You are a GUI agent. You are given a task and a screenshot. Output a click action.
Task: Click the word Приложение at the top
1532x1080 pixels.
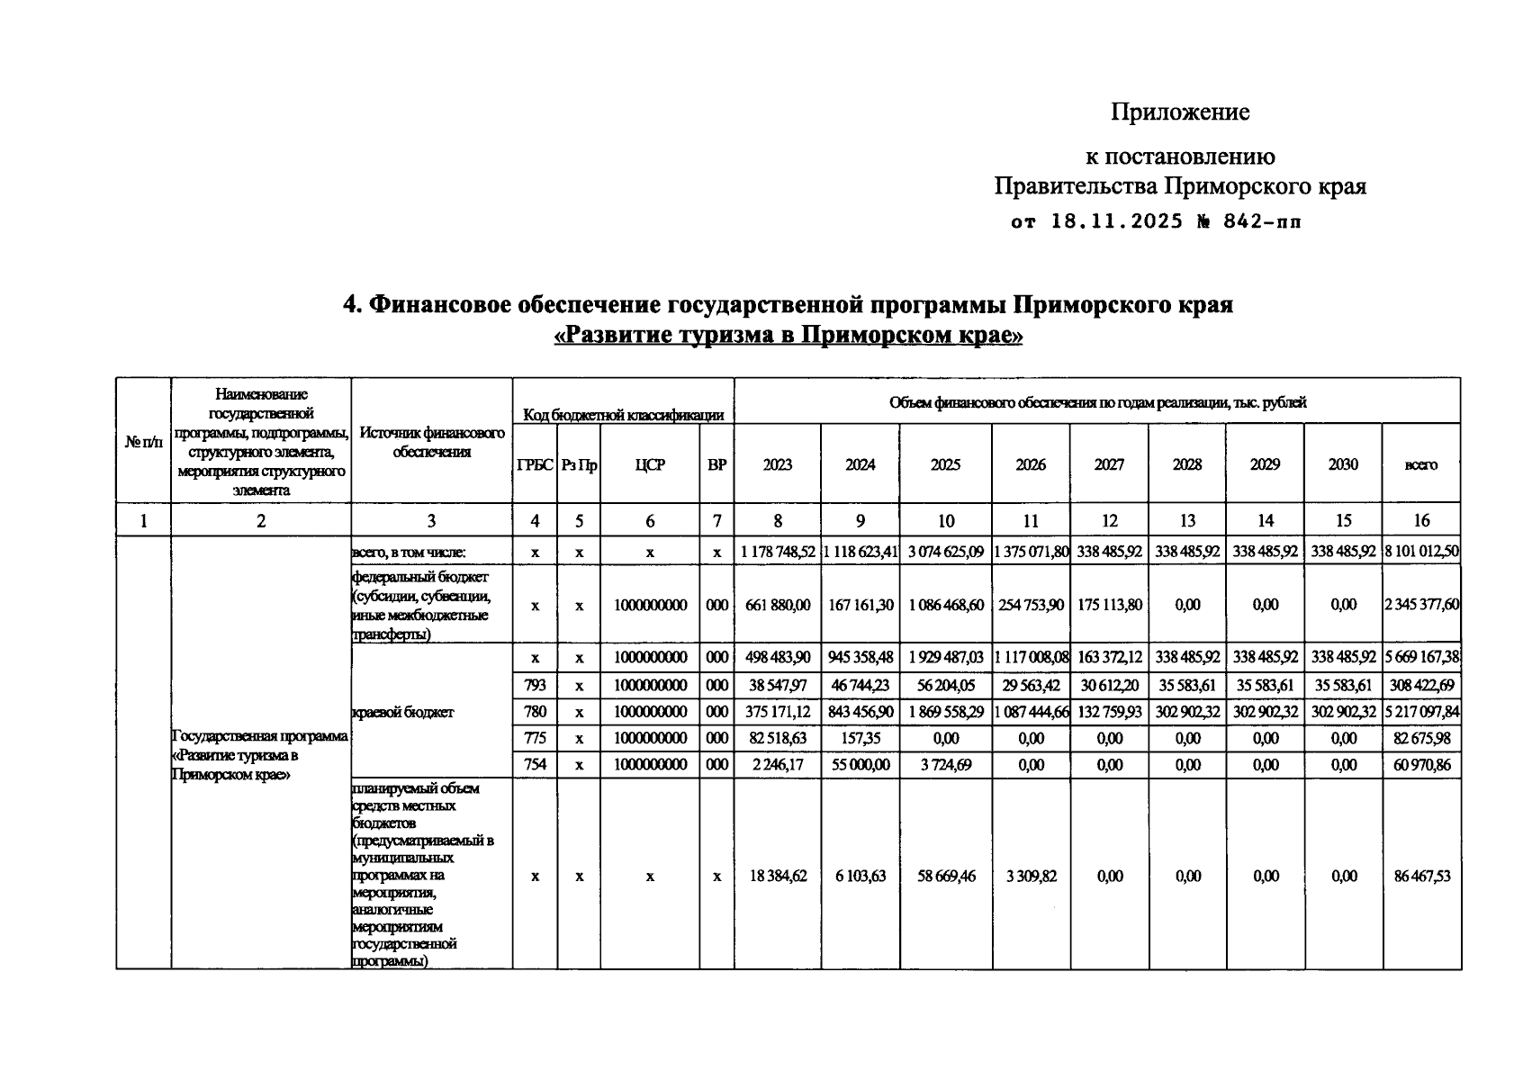coord(1179,112)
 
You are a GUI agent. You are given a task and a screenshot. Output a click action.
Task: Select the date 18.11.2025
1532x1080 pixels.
coord(1116,222)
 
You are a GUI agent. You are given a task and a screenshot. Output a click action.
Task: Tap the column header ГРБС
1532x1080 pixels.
coord(535,465)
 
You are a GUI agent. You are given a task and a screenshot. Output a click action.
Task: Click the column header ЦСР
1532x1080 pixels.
coord(650,465)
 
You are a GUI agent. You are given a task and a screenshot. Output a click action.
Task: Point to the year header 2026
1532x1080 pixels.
coord(1031,465)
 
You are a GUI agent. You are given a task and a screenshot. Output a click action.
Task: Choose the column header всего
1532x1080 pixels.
coord(1421,465)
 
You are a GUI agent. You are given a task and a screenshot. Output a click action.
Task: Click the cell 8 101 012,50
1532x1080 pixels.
coord(1421,551)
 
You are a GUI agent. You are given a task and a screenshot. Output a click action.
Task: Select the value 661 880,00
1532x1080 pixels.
coord(778,605)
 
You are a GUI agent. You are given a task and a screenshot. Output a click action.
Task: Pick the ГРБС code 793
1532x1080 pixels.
coord(535,685)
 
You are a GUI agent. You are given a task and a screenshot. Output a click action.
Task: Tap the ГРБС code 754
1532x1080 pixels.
coord(535,764)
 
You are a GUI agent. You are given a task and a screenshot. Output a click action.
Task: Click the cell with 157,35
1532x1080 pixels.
coord(861,738)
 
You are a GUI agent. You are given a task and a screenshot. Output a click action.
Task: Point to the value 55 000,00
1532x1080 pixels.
coord(861,764)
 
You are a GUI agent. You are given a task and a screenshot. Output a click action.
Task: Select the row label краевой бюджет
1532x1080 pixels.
coord(402,712)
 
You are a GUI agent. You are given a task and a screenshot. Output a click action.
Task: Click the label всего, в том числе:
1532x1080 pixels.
coord(409,551)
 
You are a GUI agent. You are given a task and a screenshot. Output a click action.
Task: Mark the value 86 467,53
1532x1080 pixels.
coord(1421,876)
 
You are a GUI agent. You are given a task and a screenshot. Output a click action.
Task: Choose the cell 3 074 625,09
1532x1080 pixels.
coord(945,551)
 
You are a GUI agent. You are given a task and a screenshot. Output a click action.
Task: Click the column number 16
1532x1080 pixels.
coord(1421,520)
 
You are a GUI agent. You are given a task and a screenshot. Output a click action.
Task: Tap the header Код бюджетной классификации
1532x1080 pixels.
coord(623,415)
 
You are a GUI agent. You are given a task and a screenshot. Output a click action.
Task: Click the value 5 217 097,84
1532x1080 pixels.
coord(1421,712)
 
